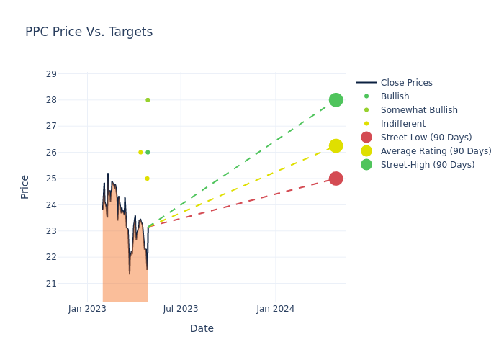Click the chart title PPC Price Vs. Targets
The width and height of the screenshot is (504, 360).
(89, 32)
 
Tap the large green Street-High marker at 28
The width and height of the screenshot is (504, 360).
(336, 100)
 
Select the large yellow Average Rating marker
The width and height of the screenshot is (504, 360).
(336, 145)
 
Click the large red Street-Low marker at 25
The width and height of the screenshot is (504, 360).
(336, 179)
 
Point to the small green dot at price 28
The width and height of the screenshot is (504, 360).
(148, 100)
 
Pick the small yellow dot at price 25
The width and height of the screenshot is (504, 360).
(147, 179)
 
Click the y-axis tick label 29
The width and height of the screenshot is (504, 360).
(51, 74)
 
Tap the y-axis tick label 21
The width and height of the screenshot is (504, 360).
(51, 284)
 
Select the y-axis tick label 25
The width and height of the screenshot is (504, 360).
(51, 179)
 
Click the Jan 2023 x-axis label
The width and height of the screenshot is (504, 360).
(87, 309)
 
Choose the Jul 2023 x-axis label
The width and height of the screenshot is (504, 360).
(181, 309)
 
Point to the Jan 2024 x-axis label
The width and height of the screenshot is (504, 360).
(276, 309)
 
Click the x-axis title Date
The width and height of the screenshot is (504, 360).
(202, 328)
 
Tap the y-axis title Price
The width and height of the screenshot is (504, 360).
(25, 186)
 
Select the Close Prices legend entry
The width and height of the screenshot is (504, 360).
(406, 83)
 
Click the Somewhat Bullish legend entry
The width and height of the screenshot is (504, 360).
(419, 110)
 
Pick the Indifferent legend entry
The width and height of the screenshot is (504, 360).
(403, 124)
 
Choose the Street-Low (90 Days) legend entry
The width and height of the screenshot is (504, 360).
(426, 138)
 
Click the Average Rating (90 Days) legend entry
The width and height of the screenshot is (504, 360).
(436, 151)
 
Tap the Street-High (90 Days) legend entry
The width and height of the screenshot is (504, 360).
(428, 165)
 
